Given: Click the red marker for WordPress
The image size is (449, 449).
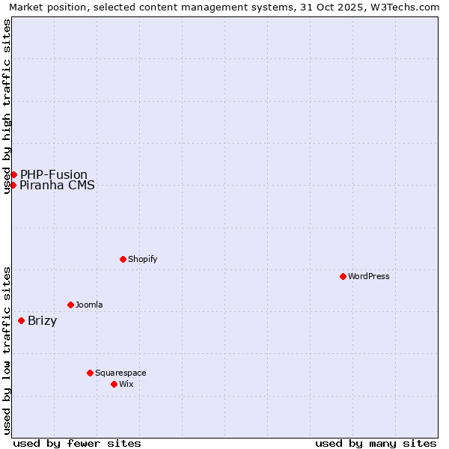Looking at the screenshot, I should [343, 276].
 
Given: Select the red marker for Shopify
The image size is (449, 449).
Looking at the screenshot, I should [123, 259].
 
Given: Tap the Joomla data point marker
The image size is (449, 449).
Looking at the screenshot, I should [70, 305].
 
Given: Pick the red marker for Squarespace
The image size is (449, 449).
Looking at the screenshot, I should [90, 373].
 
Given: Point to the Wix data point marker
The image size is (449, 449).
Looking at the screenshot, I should [114, 384].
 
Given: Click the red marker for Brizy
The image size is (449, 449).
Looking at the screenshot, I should [21, 321].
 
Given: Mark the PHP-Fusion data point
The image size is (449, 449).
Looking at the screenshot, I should [13, 174].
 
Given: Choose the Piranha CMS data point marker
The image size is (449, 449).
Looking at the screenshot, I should [13, 185].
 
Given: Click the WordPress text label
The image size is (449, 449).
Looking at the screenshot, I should [369, 276].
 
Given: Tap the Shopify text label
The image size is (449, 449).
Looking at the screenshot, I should [142, 259].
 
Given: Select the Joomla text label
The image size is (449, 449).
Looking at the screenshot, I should [89, 305].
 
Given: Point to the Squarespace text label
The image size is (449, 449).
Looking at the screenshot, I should [120, 373].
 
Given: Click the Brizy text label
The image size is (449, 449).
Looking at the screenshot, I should [42, 321].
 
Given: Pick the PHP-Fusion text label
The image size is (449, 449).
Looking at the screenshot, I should [53, 174].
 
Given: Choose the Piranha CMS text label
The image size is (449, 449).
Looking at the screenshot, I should [57, 186].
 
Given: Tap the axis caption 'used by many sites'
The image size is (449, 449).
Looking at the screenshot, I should [376, 443].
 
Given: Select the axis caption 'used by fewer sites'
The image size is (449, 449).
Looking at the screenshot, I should [77, 443].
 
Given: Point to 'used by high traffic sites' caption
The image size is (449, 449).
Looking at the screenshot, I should [7, 106].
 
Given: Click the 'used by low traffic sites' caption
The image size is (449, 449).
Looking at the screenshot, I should [7, 350].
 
